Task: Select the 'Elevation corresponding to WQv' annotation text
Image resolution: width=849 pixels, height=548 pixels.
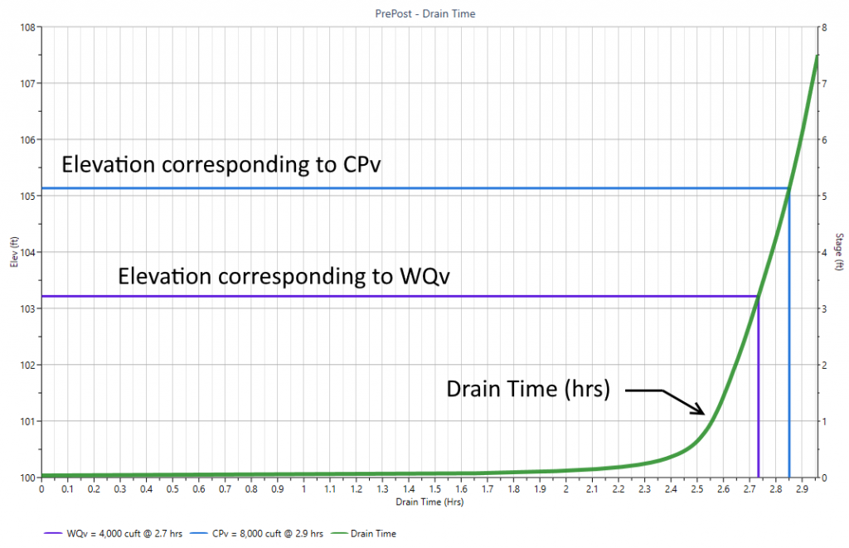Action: point(284,275)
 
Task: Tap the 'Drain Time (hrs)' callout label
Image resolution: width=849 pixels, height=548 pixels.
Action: point(527,389)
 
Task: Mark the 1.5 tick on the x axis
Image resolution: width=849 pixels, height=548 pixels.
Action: point(434,490)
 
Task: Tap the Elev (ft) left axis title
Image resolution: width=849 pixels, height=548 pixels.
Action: point(13,252)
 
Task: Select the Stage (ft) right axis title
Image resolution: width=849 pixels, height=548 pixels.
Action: point(839,252)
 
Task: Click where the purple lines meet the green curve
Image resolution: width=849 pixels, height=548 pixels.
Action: point(758,296)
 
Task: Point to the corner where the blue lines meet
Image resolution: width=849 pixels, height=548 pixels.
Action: point(788,188)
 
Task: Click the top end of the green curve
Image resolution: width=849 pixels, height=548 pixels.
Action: point(817,56)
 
